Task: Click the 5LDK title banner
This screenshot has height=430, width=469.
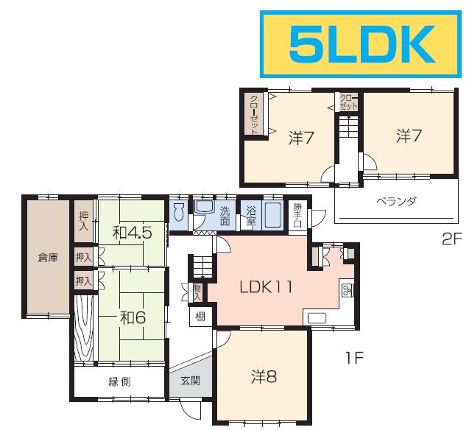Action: (x=361, y=44)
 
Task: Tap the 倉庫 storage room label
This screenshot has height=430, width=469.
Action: (x=48, y=258)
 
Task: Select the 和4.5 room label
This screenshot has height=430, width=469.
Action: (x=132, y=233)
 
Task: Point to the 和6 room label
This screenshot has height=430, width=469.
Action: (x=133, y=317)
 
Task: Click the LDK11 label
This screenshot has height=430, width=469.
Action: (x=266, y=287)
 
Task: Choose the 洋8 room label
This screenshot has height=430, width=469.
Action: (x=264, y=376)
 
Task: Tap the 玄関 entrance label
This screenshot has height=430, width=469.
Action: (x=190, y=381)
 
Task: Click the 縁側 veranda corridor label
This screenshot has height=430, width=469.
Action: (x=119, y=382)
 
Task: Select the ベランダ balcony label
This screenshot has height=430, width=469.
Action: (x=396, y=201)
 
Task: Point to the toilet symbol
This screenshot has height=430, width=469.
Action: (x=179, y=212)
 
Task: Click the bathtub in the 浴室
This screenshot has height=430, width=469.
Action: (x=272, y=215)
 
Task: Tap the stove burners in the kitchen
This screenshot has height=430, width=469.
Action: (x=348, y=289)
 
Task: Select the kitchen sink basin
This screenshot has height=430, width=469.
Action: (x=317, y=318)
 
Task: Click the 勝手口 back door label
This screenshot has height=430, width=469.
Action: (x=297, y=215)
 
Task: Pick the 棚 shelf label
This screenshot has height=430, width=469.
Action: (x=200, y=317)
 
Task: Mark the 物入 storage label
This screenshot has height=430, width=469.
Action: (x=198, y=292)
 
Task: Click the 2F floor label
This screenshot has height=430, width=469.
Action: (x=452, y=239)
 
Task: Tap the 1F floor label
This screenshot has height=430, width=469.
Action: (x=355, y=358)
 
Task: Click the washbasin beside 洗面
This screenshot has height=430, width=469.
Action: (x=204, y=207)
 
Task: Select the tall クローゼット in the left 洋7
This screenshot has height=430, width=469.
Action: (x=254, y=114)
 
